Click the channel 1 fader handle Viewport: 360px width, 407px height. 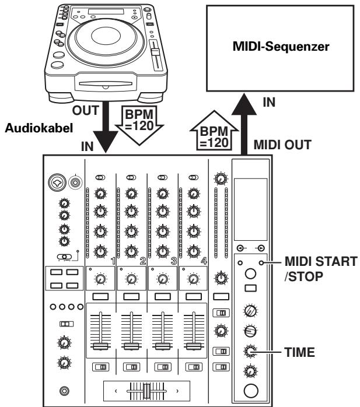point(100,346)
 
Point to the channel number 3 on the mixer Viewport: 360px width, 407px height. point(173,260)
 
